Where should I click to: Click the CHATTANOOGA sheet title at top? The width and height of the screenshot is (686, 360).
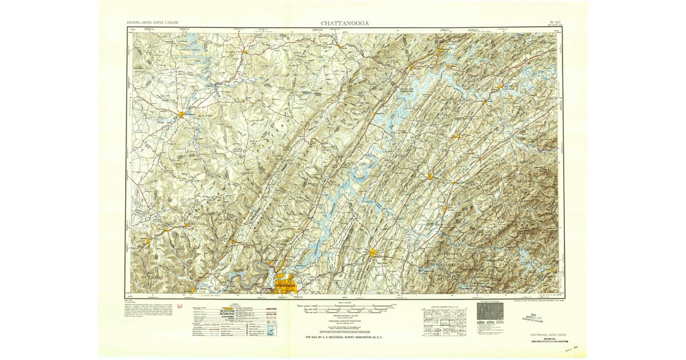[x=344, y=23]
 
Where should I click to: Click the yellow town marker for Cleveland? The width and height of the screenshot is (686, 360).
[x=373, y=253]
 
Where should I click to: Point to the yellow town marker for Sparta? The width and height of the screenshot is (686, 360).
[x=182, y=114]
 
